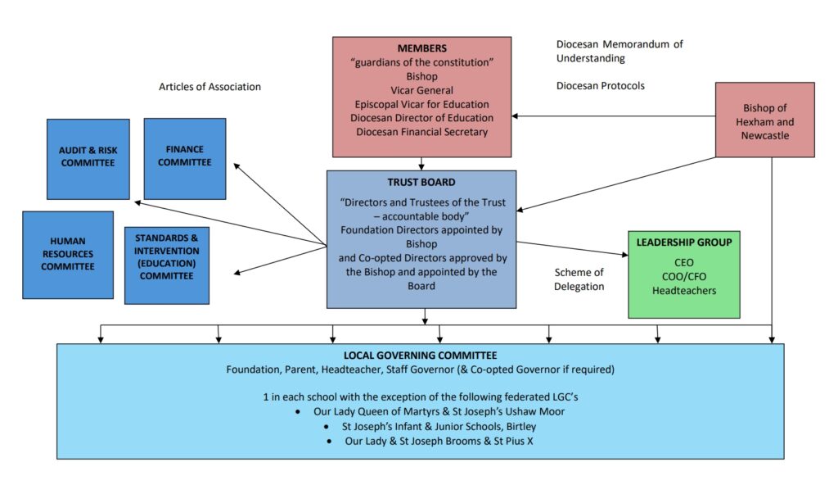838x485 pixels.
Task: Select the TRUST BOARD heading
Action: click(x=421, y=182)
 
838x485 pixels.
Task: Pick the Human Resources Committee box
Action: click(x=68, y=254)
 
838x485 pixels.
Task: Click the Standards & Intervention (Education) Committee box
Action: click(x=166, y=263)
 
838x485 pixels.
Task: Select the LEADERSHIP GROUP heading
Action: click(x=683, y=243)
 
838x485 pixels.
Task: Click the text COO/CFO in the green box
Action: click(x=683, y=276)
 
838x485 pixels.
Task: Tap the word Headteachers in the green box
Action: click(x=683, y=290)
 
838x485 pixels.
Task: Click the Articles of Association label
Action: click(x=210, y=87)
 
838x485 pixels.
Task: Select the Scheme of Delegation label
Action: click(x=579, y=279)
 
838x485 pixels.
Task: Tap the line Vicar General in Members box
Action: click(x=421, y=90)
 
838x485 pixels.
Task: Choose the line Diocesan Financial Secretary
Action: click(x=421, y=131)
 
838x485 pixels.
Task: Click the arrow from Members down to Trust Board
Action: click(x=421, y=163)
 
